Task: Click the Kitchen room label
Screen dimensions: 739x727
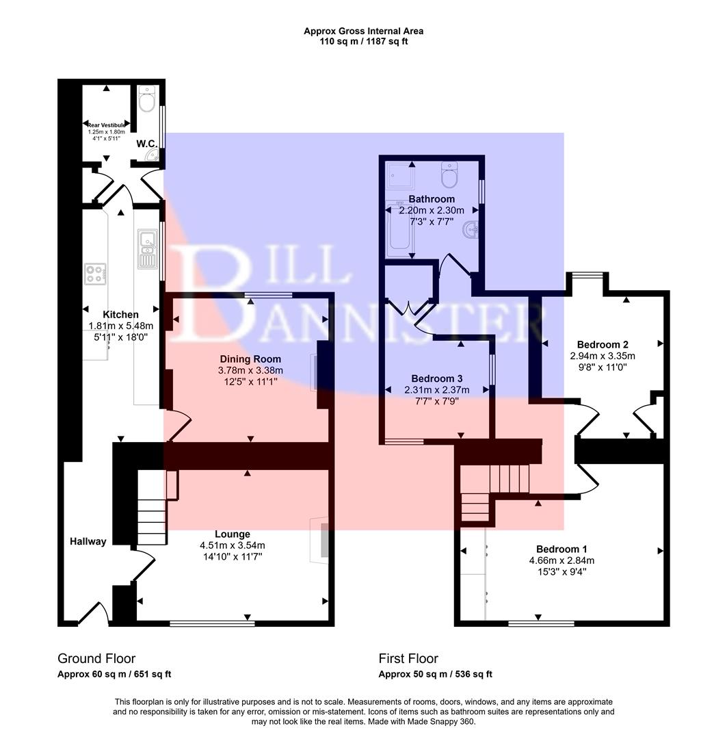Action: coord(121,315)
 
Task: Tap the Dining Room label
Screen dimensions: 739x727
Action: coord(250,359)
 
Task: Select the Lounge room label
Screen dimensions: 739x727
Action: coord(232,534)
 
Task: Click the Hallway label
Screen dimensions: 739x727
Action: coord(88,542)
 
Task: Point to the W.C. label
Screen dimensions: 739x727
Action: coord(147,144)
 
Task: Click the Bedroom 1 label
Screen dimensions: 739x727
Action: coord(561,549)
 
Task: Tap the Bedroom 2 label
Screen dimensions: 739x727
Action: coord(603,345)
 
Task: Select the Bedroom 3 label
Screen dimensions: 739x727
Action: coord(436,379)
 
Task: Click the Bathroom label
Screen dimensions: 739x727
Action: coord(431,199)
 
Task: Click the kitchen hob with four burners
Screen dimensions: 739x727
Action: coord(95,274)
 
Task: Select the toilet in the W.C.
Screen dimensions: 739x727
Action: coord(146,101)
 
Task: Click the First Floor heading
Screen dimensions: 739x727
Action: coord(408,659)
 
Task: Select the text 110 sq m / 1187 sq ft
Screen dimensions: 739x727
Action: coord(363,42)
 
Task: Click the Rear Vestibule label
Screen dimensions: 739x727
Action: coord(106,125)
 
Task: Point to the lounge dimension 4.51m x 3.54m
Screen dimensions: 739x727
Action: coord(232,546)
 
